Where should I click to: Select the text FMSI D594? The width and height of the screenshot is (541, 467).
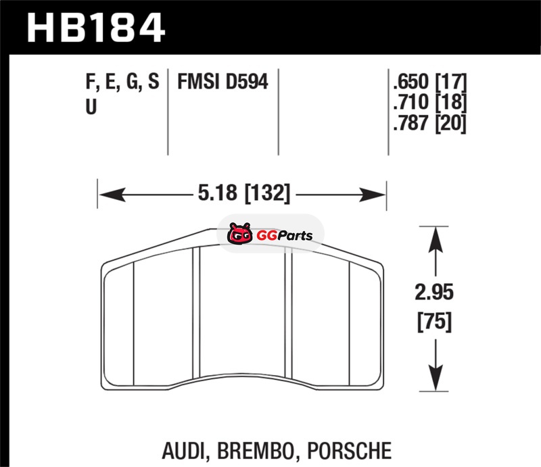(222, 82)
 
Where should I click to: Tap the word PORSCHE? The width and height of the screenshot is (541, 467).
(353, 449)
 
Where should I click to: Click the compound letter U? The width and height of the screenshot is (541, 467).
(91, 106)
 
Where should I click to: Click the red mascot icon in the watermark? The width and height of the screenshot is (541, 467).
(239, 235)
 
